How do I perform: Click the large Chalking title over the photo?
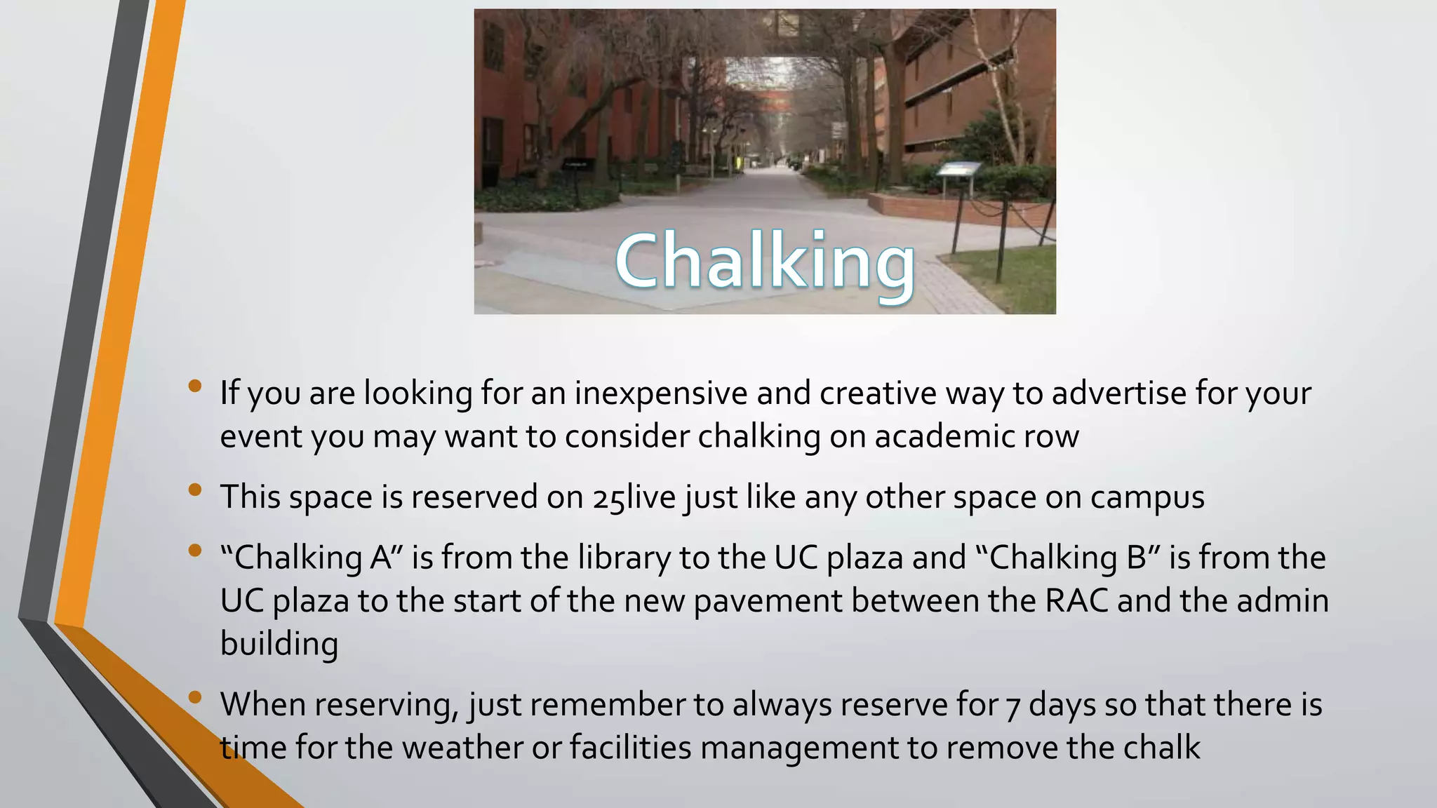tap(765, 261)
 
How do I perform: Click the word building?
tap(279, 644)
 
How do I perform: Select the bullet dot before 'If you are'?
tap(195, 385)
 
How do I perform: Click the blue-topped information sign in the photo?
tap(958, 170)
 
